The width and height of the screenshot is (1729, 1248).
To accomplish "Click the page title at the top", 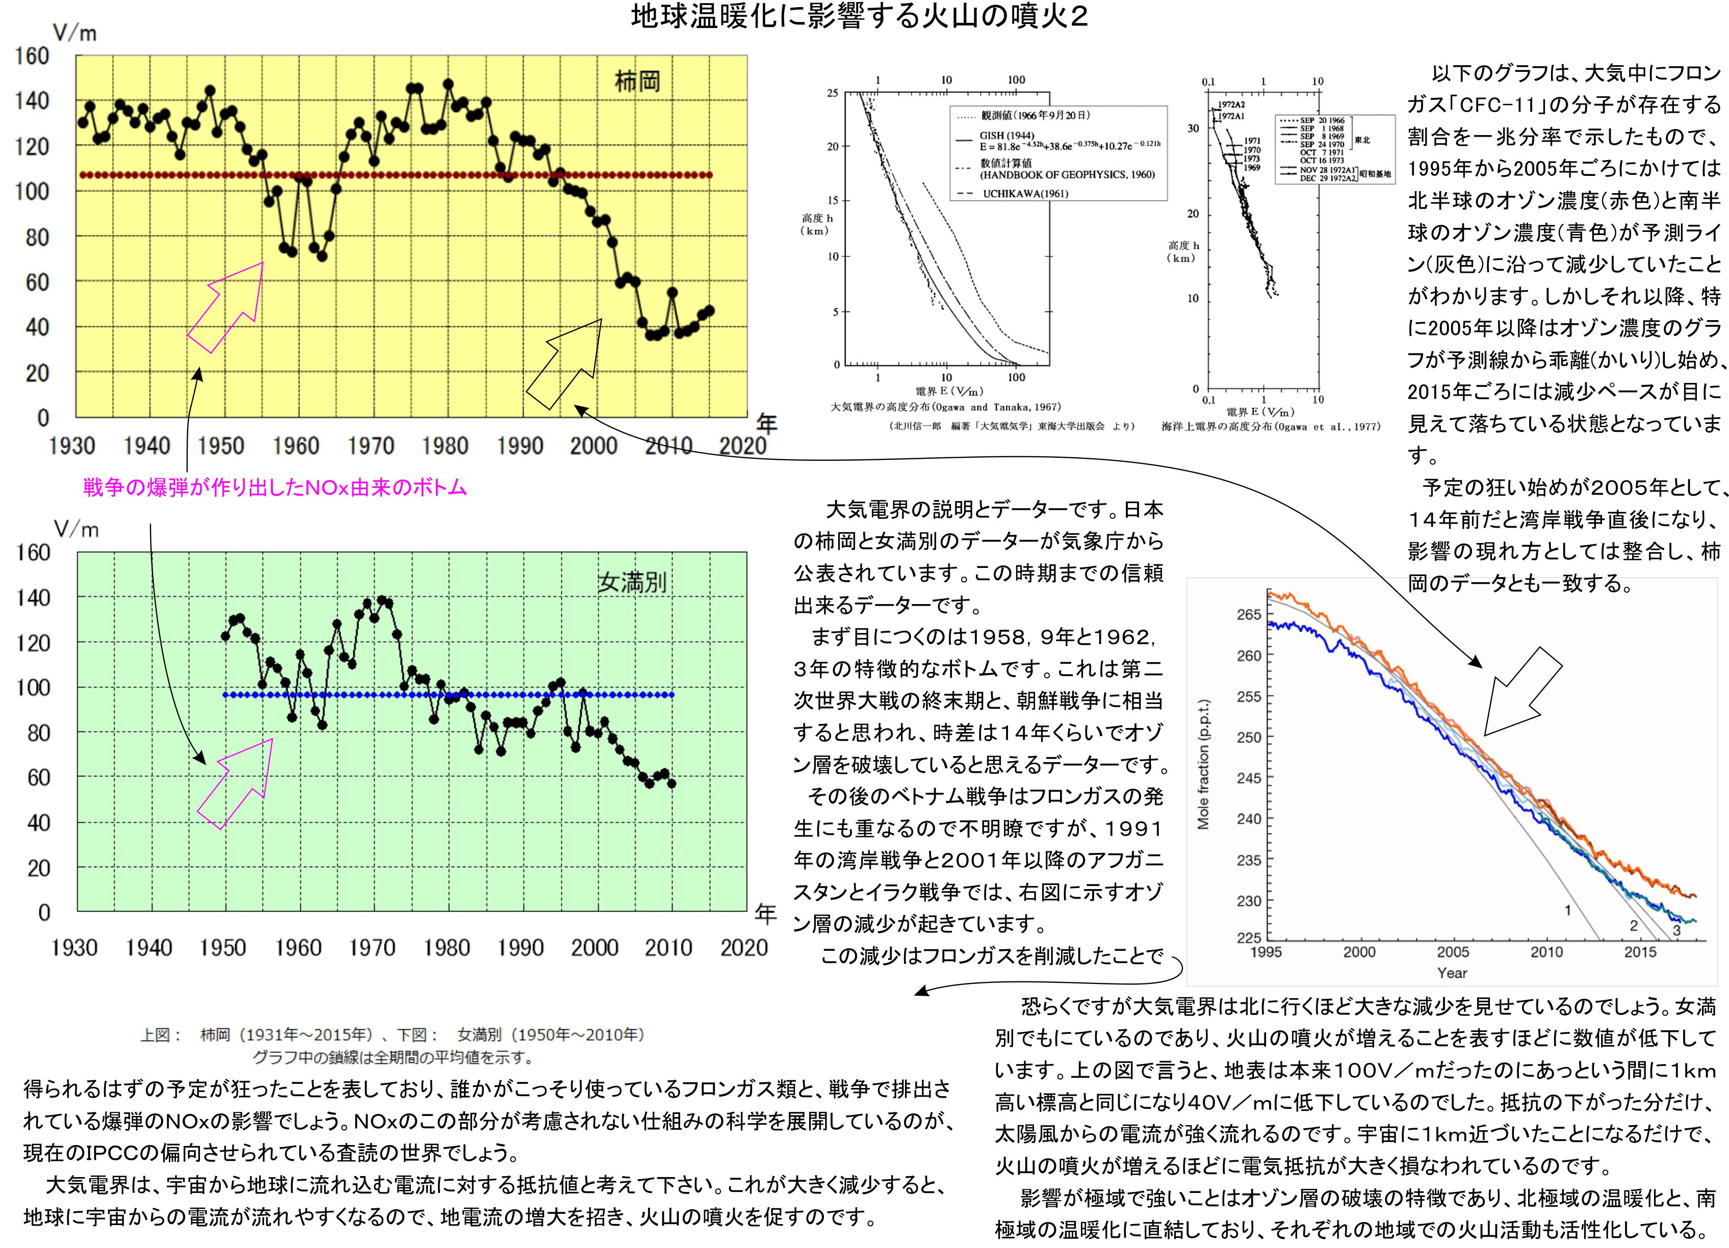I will tap(859, 17).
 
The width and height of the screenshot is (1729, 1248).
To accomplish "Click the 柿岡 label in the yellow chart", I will tap(637, 82).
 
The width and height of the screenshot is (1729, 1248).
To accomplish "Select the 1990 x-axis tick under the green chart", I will tap(520, 948).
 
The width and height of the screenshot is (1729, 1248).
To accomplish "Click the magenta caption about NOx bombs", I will tap(274, 488).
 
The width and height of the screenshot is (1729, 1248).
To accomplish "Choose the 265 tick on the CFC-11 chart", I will tap(1249, 614).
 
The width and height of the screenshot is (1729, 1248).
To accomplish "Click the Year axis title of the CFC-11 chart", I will tap(1452, 973).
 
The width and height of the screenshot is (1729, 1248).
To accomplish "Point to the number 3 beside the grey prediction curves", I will tap(1676, 930).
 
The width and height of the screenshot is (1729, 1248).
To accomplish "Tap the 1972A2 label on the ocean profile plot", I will tap(1230, 105).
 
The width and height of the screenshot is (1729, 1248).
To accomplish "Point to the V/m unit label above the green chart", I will tap(76, 530).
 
